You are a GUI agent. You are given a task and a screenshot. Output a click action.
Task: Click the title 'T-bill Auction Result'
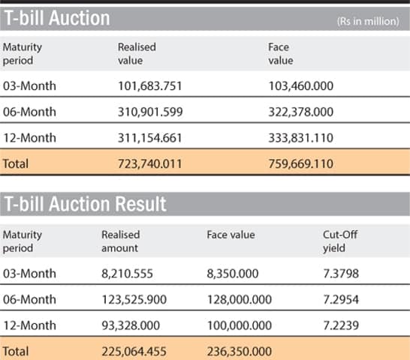86,203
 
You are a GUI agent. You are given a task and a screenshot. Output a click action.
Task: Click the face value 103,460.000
302,85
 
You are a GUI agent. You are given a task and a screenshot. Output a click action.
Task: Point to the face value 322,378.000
302,111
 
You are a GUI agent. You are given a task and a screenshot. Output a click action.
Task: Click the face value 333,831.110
302,136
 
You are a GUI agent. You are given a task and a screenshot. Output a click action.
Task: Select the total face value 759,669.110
302,162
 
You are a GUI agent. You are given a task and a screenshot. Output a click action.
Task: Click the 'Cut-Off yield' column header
340,241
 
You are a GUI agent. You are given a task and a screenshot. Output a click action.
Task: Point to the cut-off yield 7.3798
339,274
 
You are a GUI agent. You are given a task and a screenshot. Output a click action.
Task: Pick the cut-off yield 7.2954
339,299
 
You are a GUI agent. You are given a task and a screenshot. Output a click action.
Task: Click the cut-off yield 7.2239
339,325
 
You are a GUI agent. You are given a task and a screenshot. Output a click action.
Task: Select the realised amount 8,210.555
127,274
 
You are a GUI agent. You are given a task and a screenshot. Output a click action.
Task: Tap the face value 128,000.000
239,299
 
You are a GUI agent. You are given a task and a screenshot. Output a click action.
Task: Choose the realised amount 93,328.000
130,325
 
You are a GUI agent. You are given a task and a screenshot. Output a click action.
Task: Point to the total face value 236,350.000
239,349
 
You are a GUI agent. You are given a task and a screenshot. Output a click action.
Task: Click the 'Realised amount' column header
121,241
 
